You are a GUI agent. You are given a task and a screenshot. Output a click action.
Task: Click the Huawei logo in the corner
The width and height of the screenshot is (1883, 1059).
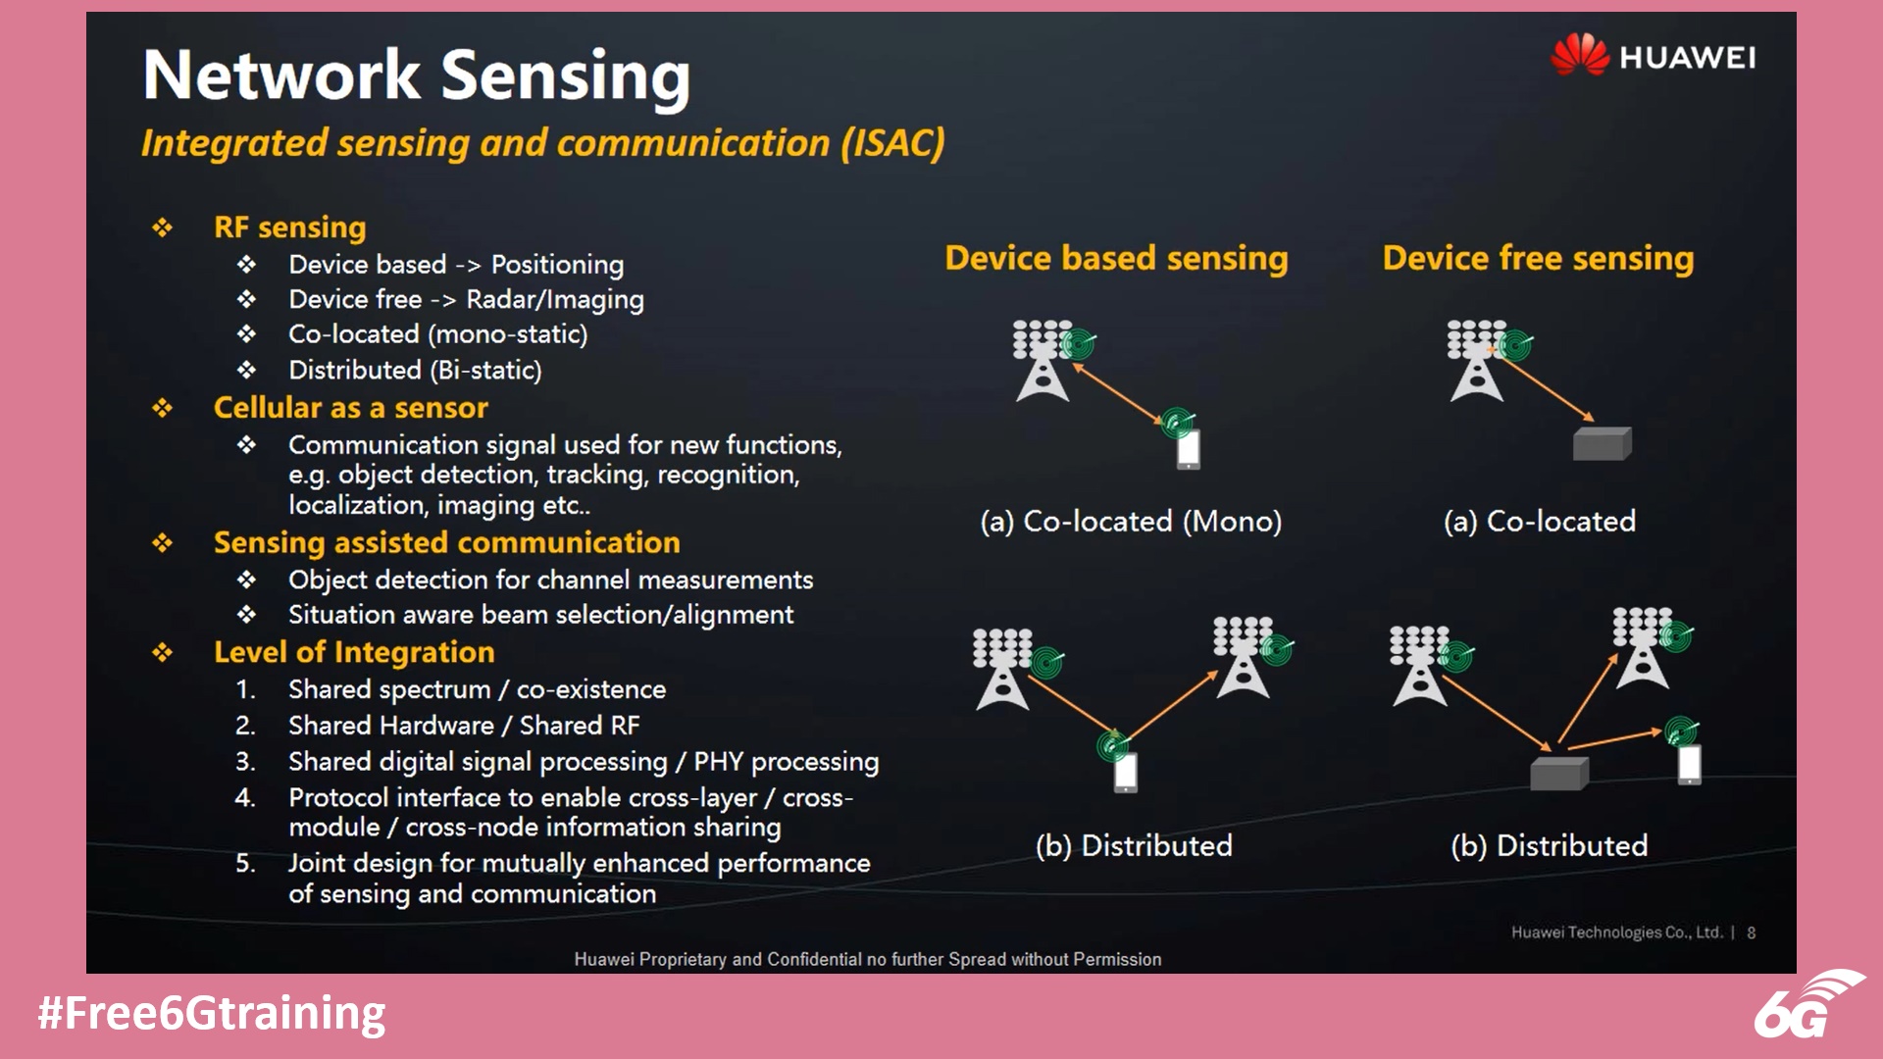[x=1654, y=56]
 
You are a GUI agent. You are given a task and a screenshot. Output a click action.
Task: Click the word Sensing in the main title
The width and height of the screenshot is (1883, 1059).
[x=566, y=76]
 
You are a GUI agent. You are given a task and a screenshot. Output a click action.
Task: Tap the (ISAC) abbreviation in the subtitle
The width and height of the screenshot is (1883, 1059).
[x=892, y=143]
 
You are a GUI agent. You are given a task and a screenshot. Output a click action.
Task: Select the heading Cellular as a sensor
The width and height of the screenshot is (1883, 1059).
[x=350, y=408]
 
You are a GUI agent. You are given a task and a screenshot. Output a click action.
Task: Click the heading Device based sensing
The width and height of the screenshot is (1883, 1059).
[x=1116, y=258]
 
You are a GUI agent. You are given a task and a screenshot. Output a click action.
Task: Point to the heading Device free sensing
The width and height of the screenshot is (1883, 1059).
[x=1538, y=258]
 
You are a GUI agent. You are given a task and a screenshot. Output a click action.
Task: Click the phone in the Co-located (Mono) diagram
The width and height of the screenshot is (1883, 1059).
[x=1189, y=450]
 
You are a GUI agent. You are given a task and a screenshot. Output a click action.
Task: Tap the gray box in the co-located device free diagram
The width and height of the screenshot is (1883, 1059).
[x=1602, y=444]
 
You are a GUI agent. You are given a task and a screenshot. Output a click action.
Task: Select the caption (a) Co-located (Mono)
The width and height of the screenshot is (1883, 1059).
[x=1131, y=522]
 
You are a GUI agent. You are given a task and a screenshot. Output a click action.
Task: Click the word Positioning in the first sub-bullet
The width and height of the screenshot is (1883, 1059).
[x=557, y=265]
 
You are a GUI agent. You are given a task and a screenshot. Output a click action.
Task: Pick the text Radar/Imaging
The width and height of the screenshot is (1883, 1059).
[x=555, y=300]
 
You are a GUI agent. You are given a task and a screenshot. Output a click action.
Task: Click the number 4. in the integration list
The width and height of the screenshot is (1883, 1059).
[x=245, y=798]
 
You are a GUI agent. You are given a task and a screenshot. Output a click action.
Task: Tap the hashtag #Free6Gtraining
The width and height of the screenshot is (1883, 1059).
[x=212, y=1014]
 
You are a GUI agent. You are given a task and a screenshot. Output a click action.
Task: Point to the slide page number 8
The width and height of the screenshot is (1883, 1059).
[x=1751, y=933]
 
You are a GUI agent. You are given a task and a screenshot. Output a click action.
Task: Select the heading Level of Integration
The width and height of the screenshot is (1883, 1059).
[x=354, y=653]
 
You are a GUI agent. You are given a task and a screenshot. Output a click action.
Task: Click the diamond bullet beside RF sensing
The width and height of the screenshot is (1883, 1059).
[x=163, y=228]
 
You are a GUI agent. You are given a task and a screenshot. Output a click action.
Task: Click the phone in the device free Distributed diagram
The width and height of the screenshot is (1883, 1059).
[x=1689, y=765]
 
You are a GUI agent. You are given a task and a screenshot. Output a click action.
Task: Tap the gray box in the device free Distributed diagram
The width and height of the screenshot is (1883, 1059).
[x=1558, y=775]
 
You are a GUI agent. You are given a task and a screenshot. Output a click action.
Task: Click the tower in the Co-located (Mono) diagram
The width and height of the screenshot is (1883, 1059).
[x=1042, y=363]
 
